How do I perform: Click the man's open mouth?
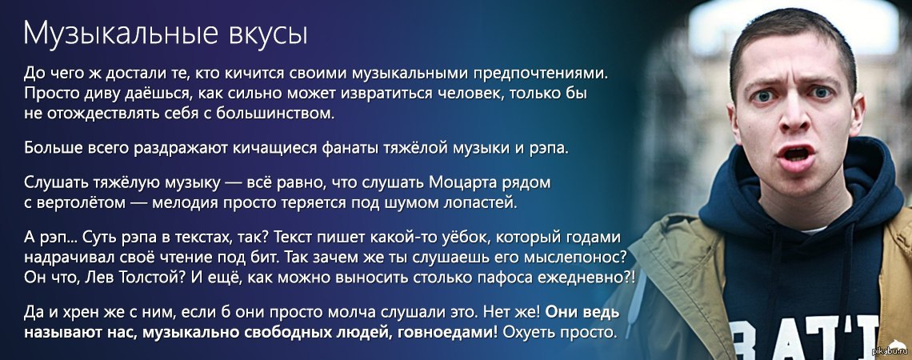tap(796, 154)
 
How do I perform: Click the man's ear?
tap(856, 114)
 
